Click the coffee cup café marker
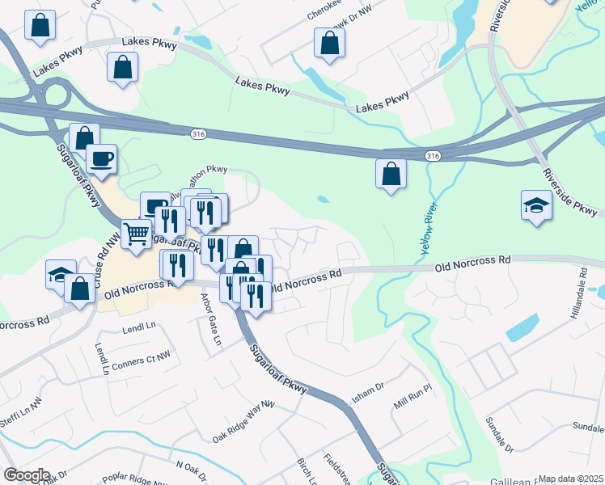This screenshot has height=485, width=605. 101,158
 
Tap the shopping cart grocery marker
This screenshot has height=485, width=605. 137,234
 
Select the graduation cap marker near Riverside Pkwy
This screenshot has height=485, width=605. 536,206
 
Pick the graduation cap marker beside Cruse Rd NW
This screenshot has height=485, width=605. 61,274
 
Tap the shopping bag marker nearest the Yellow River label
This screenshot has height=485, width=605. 391,174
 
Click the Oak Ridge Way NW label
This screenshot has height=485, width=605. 244,421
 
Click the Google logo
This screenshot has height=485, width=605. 27,474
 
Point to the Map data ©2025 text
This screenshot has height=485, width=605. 569,479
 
